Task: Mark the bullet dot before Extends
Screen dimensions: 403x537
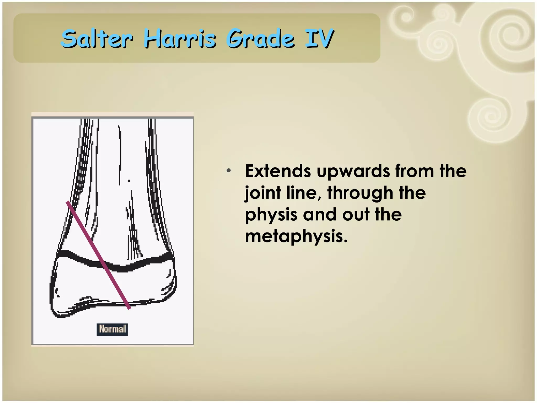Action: point(229,171)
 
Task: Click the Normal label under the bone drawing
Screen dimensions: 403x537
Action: point(112,329)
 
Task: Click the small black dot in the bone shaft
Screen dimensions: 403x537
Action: point(129,181)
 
